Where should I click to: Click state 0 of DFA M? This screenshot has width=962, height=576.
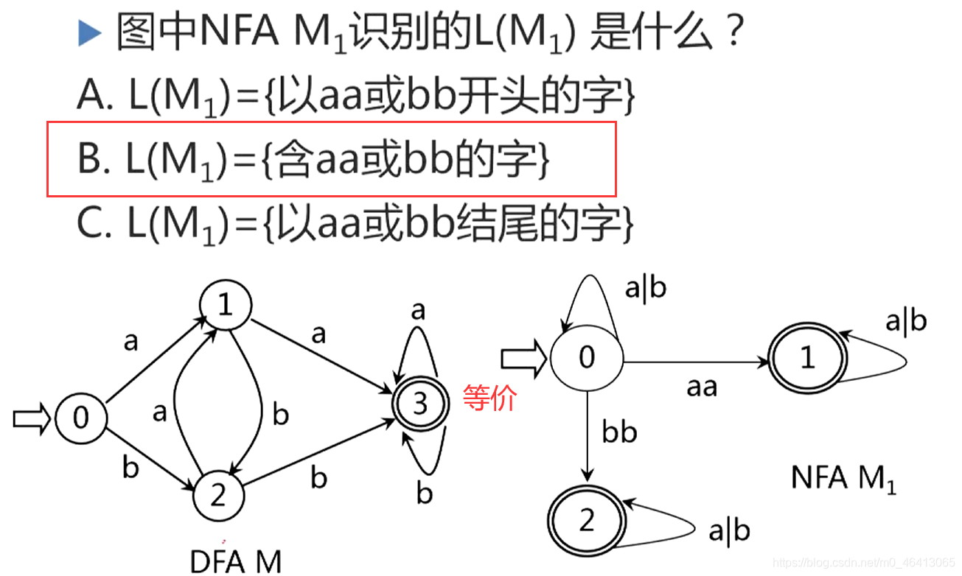point(80,418)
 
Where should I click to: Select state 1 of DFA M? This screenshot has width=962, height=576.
point(225,305)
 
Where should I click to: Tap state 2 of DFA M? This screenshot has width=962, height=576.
point(218,495)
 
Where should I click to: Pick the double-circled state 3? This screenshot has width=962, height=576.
point(419,404)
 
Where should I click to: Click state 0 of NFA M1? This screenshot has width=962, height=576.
point(586,358)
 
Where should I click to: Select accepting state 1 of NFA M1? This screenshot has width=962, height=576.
point(808,358)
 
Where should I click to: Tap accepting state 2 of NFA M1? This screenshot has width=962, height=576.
point(586,521)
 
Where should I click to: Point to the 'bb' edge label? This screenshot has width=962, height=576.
point(618,432)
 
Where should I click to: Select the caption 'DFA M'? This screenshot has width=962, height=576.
point(236,562)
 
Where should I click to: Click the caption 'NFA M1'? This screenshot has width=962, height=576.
point(843,479)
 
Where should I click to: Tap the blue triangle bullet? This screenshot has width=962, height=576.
point(89,32)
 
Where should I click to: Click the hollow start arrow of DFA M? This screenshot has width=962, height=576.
point(31,419)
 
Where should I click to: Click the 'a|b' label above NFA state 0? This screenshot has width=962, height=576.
point(645,288)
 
